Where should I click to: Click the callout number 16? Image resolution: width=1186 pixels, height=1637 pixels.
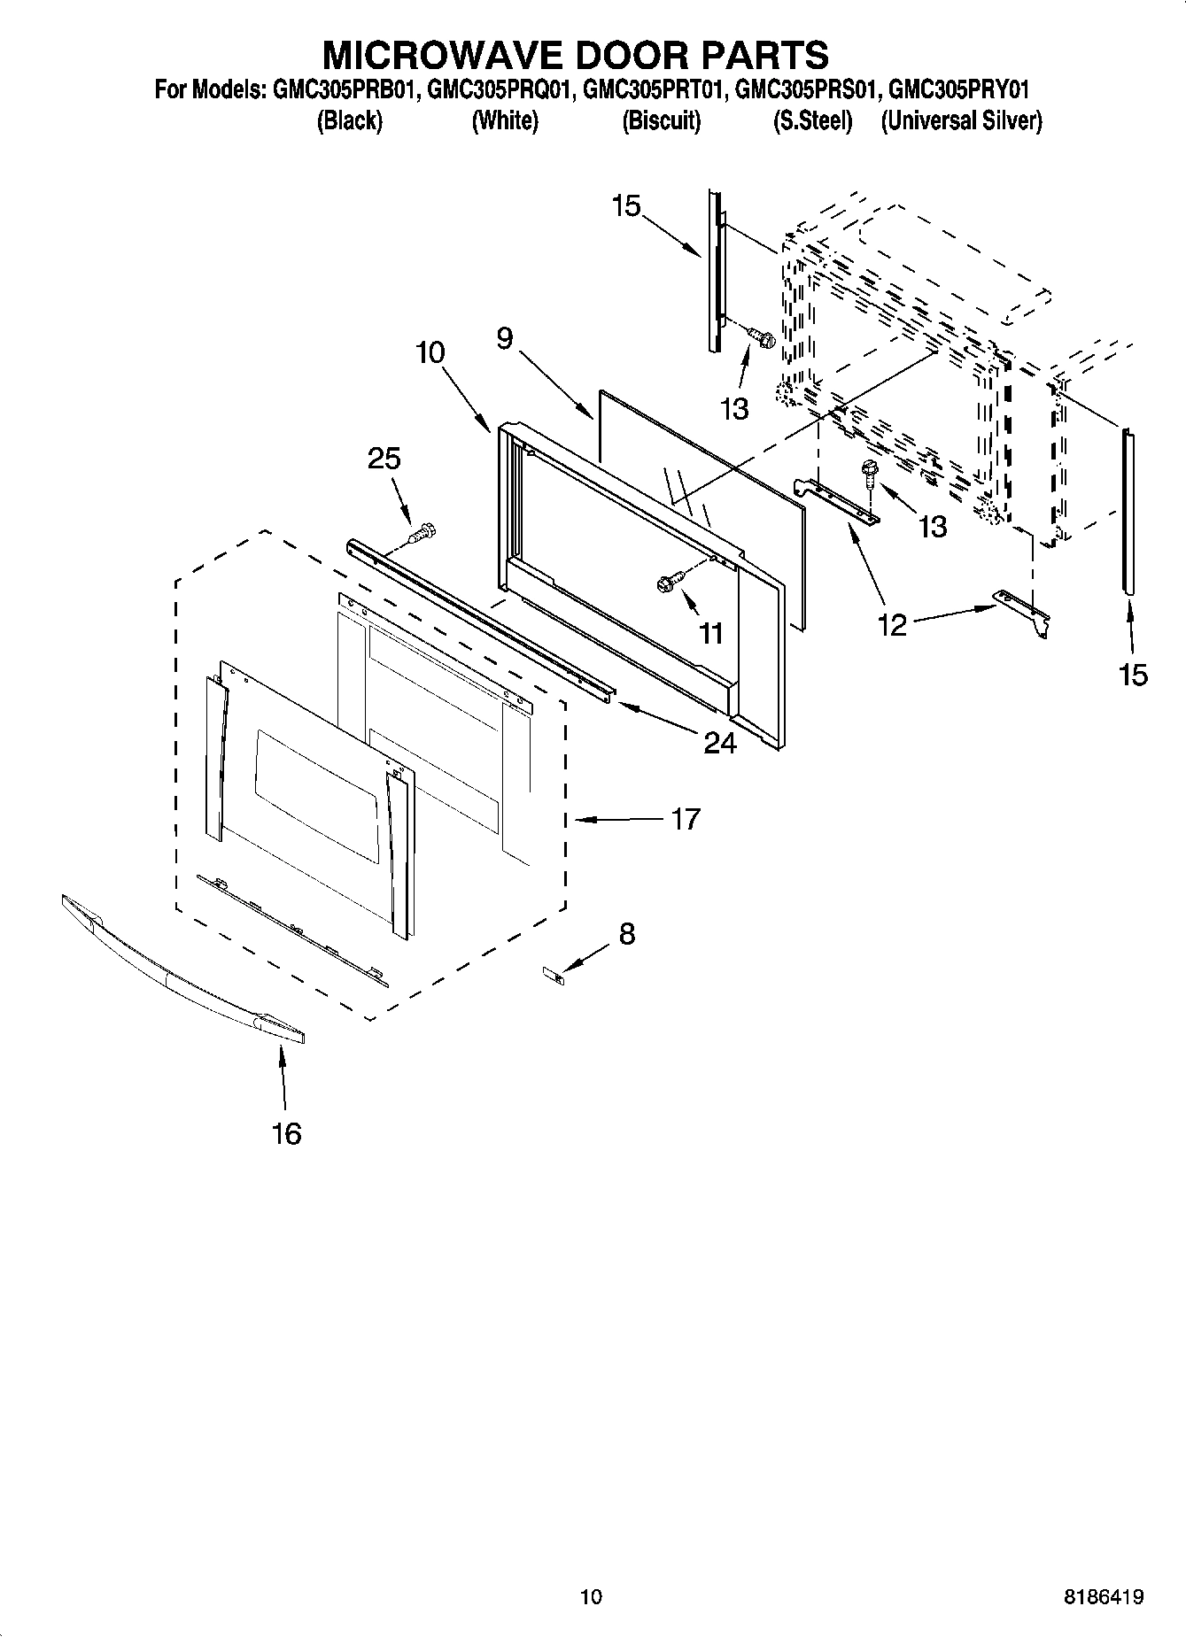(286, 1132)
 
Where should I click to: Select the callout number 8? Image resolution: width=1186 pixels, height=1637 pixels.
(627, 933)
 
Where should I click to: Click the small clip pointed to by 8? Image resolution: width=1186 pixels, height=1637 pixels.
(554, 975)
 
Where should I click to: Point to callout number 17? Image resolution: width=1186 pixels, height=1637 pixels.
(685, 819)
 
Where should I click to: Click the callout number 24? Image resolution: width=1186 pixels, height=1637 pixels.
(719, 742)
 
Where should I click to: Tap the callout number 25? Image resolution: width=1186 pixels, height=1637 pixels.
(384, 459)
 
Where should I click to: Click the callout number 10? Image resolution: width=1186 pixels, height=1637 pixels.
(430, 352)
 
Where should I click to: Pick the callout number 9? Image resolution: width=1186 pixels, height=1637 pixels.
(505, 338)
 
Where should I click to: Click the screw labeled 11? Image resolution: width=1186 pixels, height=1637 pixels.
(667, 583)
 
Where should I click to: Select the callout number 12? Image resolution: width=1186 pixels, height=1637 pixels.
(893, 624)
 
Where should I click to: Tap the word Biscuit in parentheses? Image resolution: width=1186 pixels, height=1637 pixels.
(661, 121)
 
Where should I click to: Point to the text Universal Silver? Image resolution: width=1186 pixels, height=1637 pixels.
(961, 121)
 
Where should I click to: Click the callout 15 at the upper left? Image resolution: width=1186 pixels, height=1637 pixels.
(625, 206)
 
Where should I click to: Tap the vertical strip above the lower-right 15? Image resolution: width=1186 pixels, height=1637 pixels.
(1128, 509)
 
